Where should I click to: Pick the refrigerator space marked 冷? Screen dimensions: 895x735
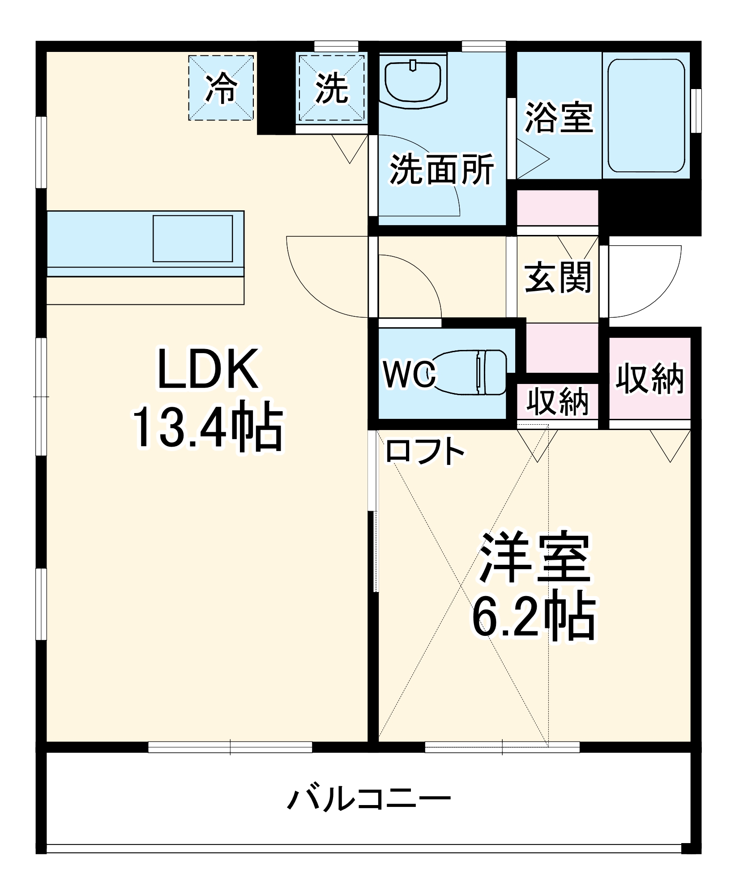[221, 88]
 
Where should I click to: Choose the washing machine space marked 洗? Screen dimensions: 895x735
[332, 88]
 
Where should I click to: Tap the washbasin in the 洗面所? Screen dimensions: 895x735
[413, 81]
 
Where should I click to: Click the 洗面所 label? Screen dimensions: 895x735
[441, 169]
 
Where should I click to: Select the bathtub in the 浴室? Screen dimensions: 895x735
[646, 115]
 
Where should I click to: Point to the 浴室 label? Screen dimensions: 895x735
[559, 117]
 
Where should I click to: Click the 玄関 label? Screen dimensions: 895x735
[558, 277]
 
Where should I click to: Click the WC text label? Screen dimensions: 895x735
[409, 374]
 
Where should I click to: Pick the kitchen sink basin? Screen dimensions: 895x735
[192, 239]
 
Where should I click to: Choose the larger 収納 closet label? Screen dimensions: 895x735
[650, 379]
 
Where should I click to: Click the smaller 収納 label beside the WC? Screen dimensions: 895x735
[557, 401]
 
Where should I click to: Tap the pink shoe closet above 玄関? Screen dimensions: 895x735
[557, 208]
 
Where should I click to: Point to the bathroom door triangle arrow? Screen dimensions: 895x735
[533, 158]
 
